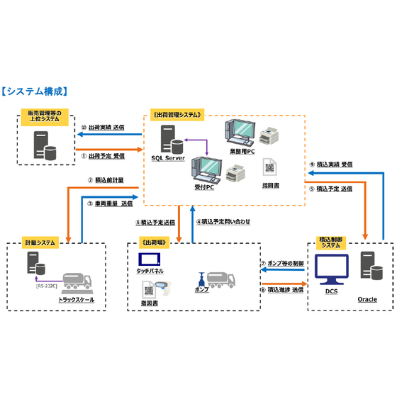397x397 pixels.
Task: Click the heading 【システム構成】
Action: coord(35,91)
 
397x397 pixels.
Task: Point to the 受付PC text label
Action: coord(205,188)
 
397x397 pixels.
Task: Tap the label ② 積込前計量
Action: coord(106,181)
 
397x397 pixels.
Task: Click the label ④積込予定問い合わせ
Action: coord(223,222)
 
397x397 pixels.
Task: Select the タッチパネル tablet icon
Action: coord(150,260)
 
